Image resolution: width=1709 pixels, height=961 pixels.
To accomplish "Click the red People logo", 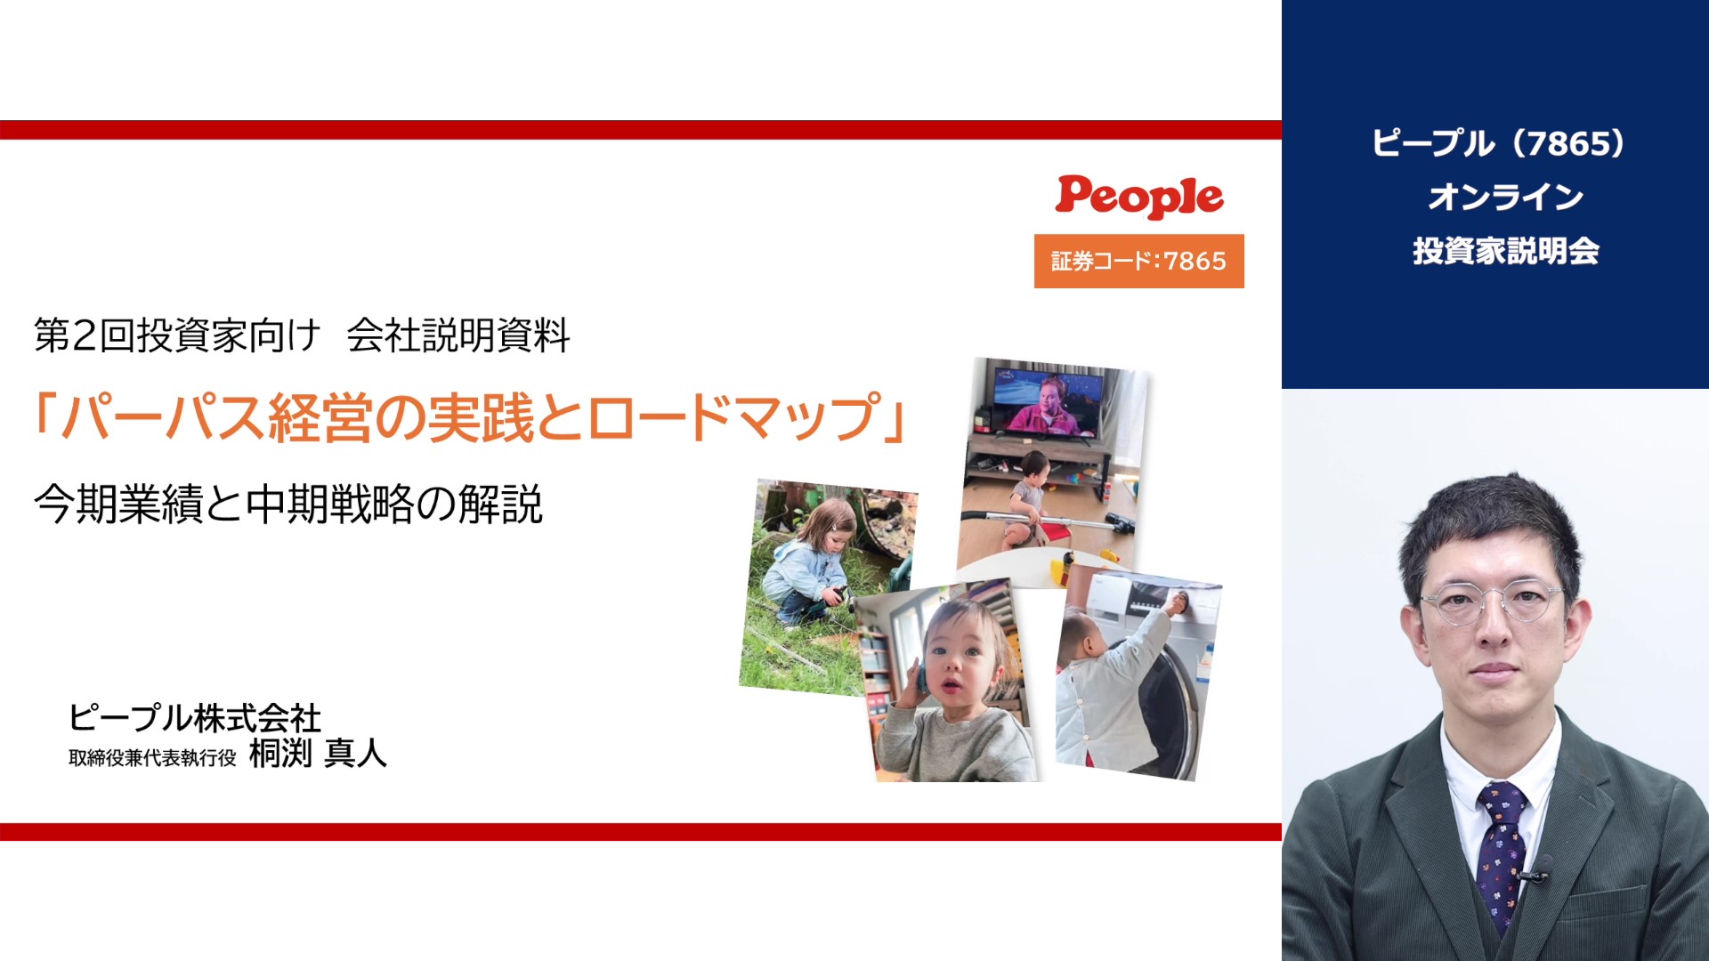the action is (1139, 197).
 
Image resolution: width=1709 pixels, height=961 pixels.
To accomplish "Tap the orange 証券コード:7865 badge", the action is (1139, 261).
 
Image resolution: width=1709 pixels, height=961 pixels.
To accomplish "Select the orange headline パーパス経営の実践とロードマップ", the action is (470, 417).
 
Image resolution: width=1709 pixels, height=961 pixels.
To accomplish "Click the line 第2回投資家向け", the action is (177, 335).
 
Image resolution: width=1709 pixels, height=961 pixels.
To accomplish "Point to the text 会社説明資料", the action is (458, 335).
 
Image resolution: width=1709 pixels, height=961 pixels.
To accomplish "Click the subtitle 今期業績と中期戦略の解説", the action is (288, 504).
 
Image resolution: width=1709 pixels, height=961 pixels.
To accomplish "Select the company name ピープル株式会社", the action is (195, 717).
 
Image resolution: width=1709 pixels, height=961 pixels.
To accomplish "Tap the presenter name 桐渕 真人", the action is (318, 754).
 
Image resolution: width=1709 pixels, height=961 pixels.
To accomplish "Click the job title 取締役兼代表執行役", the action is (152, 757).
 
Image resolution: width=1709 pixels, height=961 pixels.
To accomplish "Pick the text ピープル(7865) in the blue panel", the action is (1499, 143).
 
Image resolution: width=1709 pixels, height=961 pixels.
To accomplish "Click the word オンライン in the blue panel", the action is (1506, 197).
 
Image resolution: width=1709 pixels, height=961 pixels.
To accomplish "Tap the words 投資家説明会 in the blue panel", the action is (1506, 251).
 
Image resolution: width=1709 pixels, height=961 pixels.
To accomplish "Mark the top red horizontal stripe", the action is (641, 130).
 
